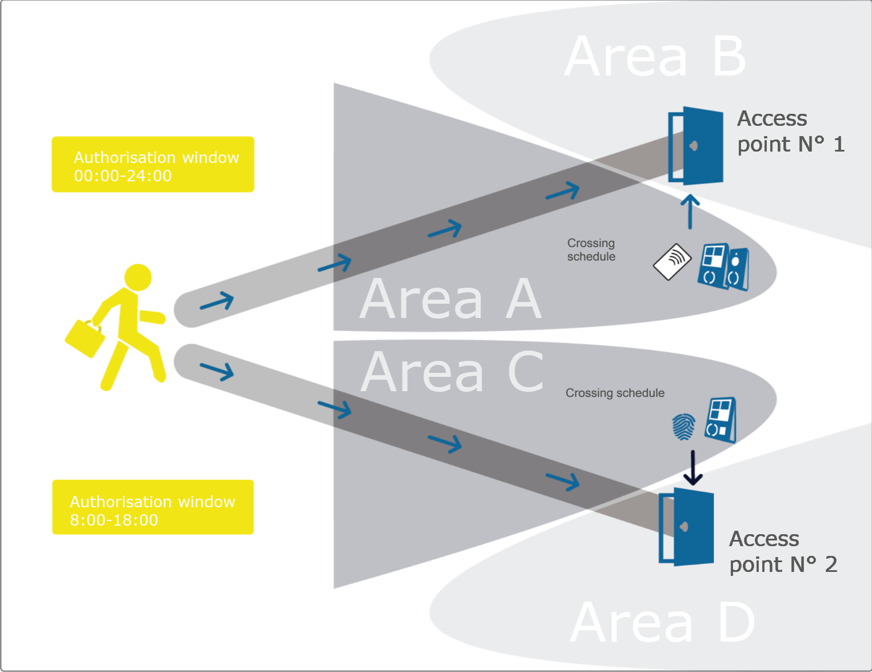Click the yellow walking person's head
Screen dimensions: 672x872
tap(138, 277)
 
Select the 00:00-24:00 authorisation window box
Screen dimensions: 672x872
tap(153, 164)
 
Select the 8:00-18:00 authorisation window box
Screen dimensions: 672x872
tap(153, 507)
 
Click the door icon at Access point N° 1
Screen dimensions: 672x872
tap(696, 145)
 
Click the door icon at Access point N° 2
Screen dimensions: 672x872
tap(687, 526)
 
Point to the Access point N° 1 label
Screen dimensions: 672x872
tap(790, 132)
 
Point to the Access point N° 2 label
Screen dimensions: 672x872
tap(782, 551)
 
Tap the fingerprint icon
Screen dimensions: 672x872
tap(683, 427)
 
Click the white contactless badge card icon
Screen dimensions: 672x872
tap(672, 262)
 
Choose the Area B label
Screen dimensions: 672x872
tap(655, 57)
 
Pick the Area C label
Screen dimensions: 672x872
tap(452, 372)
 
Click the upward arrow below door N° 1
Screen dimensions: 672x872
tap(690, 211)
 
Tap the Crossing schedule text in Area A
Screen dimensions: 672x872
tap(591, 250)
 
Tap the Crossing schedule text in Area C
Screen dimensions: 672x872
tap(615, 393)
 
